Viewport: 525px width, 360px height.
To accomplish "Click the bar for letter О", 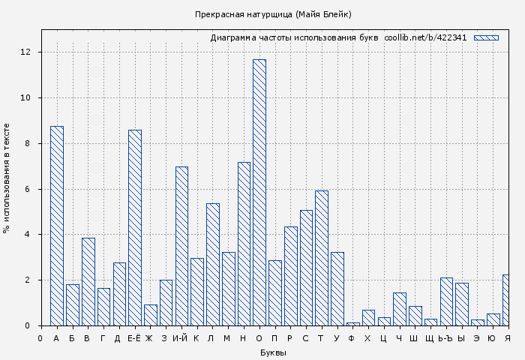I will pos(259,192).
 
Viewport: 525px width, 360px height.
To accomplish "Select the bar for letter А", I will pos(57,226).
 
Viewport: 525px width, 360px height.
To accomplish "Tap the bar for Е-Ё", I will pos(135,227).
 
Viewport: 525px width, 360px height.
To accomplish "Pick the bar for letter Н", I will pos(244,244).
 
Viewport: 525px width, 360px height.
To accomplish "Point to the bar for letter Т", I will pos(322,258).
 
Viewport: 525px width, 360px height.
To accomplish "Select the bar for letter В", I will pos(88,281).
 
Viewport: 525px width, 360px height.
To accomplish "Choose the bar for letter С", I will pos(306,268).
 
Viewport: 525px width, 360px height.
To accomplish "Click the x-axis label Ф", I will pos(352,338).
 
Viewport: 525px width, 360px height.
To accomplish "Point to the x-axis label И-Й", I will pos(181,338).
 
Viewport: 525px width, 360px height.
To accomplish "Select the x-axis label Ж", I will pos(150,338).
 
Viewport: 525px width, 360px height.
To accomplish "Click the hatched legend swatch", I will pos(486,37).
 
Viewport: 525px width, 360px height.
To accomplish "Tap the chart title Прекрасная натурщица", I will pos(273,14).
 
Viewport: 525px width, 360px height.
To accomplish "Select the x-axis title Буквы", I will pos(273,352).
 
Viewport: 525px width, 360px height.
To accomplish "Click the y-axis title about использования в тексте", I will pos(7,178).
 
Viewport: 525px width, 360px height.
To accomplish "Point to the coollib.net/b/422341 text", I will pos(425,37).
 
